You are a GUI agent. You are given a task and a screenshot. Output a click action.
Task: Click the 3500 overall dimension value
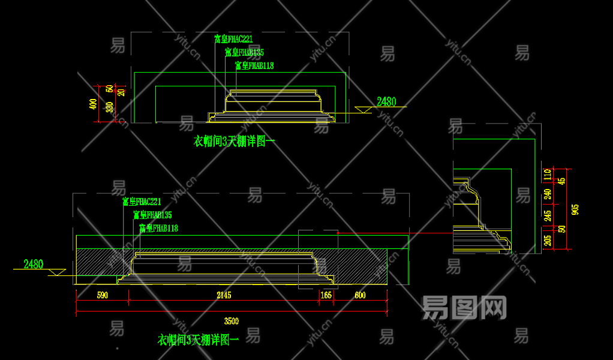231,320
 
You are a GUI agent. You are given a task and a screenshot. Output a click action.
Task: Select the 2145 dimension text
224,295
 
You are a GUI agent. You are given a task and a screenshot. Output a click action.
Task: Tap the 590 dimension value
103,295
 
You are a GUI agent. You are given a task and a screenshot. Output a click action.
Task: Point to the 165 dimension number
326,295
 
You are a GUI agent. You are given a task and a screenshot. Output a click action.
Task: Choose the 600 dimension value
360,295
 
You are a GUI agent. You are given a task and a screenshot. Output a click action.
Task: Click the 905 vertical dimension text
575,209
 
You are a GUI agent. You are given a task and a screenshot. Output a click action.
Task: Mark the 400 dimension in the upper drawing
92,104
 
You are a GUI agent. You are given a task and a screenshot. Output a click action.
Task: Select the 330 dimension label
109,107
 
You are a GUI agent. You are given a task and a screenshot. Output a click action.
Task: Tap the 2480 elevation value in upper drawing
386,101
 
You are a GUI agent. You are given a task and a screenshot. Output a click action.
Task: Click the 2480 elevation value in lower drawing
34,263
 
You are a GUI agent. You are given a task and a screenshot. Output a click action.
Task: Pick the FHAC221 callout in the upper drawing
233,39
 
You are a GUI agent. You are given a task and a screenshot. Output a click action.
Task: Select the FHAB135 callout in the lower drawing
152,215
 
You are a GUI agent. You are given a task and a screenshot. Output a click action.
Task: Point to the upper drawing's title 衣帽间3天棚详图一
234,142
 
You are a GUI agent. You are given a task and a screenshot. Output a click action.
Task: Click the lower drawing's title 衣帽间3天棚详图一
198,340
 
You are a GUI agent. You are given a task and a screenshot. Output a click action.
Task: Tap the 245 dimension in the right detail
547,215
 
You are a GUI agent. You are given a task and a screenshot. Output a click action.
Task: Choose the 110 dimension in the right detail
547,175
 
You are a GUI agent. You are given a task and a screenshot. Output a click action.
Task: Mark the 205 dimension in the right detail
547,241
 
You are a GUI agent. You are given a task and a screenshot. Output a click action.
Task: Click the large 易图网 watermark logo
464,307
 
